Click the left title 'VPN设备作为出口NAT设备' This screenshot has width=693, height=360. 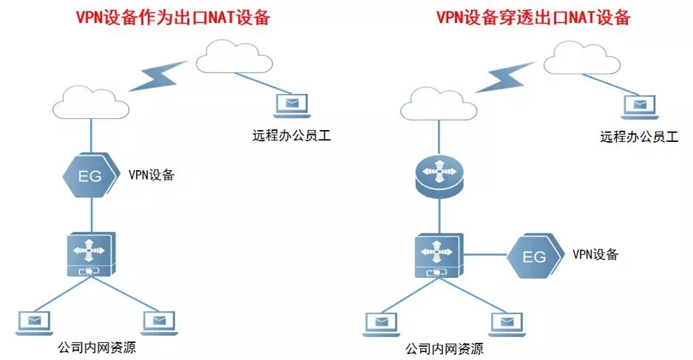click(x=171, y=17)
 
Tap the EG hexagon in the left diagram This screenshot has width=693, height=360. click(x=90, y=176)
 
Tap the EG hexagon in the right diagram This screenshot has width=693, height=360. click(x=535, y=257)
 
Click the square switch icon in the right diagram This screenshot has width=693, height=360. click(x=439, y=256)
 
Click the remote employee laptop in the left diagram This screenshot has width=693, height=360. click(x=291, y=104)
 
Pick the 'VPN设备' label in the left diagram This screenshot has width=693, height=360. click(x=152, y=175)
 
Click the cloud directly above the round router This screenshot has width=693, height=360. click(x=438, y=103)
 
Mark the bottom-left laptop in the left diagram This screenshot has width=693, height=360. click(x=33, y=319)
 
